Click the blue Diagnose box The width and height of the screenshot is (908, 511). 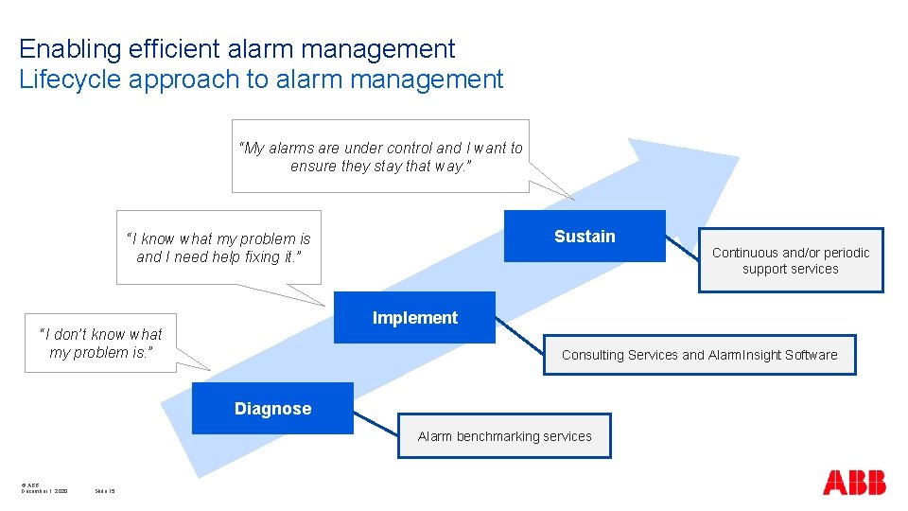272,409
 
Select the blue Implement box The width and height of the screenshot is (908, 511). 415,318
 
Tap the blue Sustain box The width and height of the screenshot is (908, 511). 585,237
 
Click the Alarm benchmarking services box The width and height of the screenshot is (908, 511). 504,436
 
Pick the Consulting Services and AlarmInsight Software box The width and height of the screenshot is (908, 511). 699,355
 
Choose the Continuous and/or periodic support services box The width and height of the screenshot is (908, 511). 791,260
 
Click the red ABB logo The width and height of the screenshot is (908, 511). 854,483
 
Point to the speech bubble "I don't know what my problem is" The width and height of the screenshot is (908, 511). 100,344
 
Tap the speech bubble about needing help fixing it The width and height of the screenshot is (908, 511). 218,247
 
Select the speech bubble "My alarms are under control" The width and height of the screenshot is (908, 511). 380,156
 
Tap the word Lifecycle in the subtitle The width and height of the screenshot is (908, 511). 70,79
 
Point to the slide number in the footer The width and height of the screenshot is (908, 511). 105,491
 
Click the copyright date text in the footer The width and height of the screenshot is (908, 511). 44,491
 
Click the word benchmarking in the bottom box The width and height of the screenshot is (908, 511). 499,436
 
